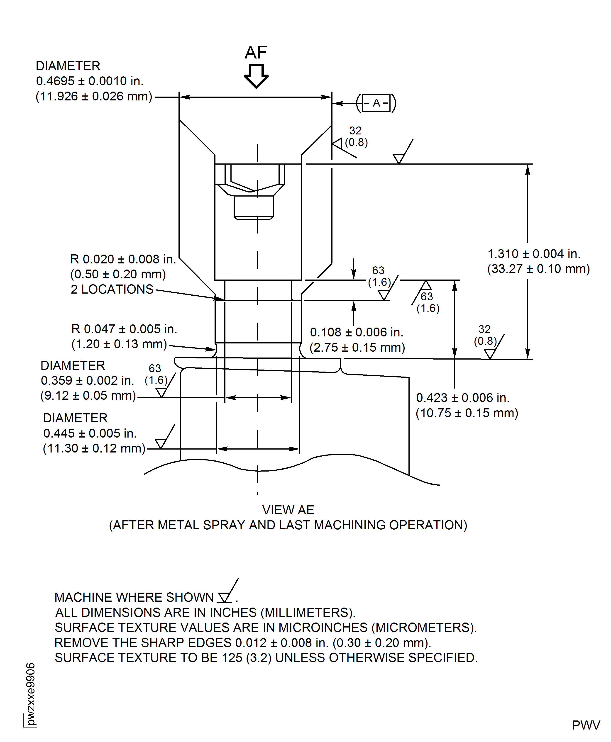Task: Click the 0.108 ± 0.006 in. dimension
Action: [x=356, y=332]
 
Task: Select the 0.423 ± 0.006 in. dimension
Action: [x=462, y=398]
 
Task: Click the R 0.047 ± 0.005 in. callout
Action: [x=124, y=329]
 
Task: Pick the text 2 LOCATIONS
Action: [x=112, y=289]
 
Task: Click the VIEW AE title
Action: [x=288, y=510]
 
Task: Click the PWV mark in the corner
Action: [x=586, y=725]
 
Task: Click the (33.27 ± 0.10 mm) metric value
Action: [x=538, y=269]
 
